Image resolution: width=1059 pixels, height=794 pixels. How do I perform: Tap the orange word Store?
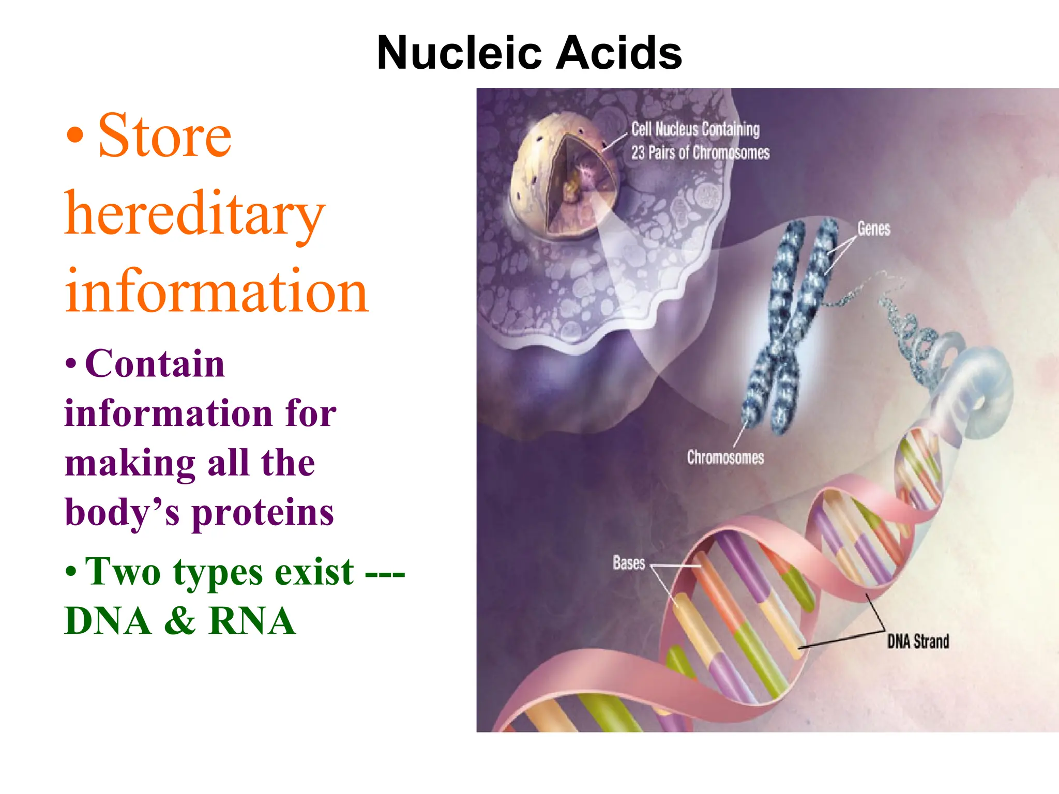(x=164, y=135)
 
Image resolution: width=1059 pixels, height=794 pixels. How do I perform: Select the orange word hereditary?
(x=194, y=215)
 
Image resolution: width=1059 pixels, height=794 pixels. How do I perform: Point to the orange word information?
(x=216, y=292)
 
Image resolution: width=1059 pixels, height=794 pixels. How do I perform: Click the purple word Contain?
(x=155, y=364)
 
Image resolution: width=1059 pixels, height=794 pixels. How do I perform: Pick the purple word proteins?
(x=263, y=513)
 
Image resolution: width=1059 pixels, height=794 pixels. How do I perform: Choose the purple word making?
(x=130, y=463)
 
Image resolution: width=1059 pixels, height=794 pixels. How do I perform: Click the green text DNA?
(x=108, y=621)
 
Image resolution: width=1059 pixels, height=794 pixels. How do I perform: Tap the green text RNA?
(x=252, y=621)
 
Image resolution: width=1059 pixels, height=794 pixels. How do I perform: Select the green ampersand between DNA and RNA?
(x=180, y=621)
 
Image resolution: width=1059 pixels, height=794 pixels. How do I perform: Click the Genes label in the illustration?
(x=873, y=229)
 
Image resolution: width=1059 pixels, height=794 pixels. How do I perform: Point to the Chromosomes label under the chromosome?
(x=725, y=457)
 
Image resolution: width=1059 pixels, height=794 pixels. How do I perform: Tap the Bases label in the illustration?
(x=629, y=563)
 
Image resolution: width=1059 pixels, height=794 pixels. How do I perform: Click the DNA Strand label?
(x=918, y=642)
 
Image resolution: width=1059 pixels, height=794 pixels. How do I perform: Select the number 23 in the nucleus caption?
(x=638, y=153)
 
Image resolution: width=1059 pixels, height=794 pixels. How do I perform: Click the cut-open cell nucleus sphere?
(x=564, y=176)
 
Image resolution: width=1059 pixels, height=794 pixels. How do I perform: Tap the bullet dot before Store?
(x=75, y=135)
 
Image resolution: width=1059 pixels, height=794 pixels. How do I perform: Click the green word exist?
(x=314, y=572)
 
